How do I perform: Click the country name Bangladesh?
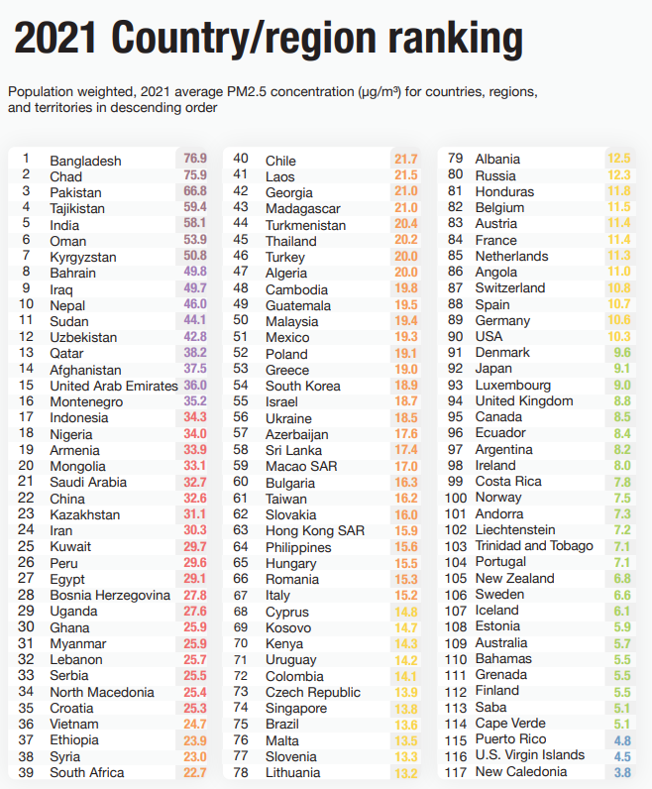click(x=85, y=161)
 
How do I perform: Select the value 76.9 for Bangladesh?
click(x=195, y=159)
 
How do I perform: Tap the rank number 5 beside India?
click(x=26, y=224)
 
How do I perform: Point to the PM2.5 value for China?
click(x=195, y=498)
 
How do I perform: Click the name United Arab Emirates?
click(x=114, y=386)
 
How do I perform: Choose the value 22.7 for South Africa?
click(x=195, y=772)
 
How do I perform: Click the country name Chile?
click(x=280, y=161)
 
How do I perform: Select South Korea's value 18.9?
click(x=406, y=385)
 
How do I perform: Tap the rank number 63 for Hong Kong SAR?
click(x=241, y=530)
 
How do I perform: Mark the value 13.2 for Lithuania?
click(x=406, y=772)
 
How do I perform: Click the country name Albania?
click(x=497, y=159)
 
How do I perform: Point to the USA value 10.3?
click(x=619, y=336)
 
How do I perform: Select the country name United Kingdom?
click(x=524, y=400)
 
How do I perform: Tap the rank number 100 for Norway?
click(x=456, y=498)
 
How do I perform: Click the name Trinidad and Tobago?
click(x=534, y=546)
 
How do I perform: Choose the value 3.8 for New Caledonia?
click(x=621, y=771)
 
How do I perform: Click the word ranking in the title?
click(x=455, y=40)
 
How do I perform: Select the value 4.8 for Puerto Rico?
click(x=621, y=739)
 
